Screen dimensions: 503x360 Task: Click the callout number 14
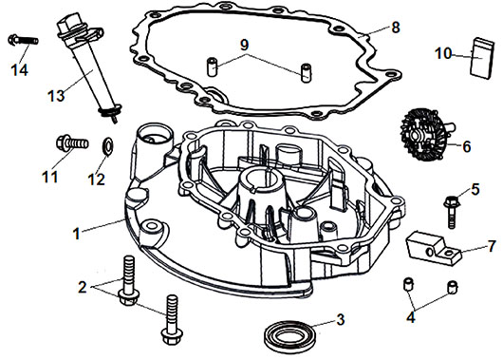(x=20, y=70)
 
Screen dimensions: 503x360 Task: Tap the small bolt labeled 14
(x=23, y=40)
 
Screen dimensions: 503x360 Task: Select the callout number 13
(x=56, y=95)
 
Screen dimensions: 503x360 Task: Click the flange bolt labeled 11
(x=72, y=143)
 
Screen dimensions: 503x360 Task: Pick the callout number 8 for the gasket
(x=396, y=28)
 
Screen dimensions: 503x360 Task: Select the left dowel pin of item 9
(x=212, y=66)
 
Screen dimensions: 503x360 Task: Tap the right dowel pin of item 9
(x=305, y=73)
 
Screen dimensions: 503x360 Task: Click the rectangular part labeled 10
(x=482, y=58)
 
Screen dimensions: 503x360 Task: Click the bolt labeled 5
(x=452, y=212)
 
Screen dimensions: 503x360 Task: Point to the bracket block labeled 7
(x=433, y=248)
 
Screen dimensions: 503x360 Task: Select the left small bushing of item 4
(x=408, y=285)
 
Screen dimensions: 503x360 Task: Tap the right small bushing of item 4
(x=453, y=287)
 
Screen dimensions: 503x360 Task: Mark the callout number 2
(x=83, y=287)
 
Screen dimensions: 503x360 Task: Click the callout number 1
(x=76, y=234)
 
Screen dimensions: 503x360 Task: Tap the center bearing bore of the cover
(x=262, y=178)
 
